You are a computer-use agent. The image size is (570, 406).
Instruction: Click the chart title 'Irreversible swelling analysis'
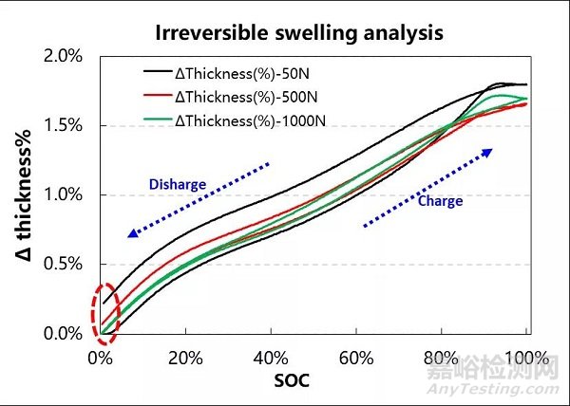(301, 31)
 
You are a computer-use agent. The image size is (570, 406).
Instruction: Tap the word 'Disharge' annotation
(178, 184)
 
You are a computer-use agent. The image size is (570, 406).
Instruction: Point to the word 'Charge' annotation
(440, 201)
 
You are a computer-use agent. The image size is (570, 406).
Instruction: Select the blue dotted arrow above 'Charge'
(428, 185)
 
